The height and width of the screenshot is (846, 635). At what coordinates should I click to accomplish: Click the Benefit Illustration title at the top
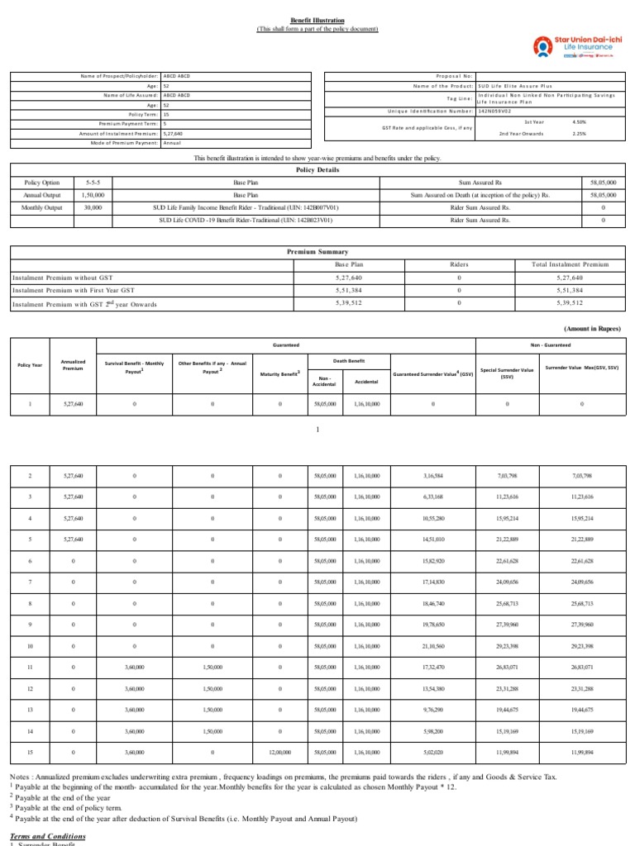317,19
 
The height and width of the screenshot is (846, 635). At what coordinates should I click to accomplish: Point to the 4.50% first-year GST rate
579,121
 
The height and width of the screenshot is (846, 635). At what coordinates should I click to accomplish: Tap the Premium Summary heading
317,251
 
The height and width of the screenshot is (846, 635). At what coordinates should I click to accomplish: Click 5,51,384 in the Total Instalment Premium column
574,291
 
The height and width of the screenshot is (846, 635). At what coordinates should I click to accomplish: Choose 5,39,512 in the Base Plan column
349,304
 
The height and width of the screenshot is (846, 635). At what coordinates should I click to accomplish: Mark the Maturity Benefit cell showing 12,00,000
280,753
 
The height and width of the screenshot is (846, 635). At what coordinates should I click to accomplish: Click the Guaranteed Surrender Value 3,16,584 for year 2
433,476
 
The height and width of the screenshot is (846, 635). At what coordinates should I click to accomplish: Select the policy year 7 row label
31,581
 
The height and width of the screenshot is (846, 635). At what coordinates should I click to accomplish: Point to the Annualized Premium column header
69,364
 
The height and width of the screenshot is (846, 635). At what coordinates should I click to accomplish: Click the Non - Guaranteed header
551,345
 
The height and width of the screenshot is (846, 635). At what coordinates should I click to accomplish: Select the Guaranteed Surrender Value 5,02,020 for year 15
433,753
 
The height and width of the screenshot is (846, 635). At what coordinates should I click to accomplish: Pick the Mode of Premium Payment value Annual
172,143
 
